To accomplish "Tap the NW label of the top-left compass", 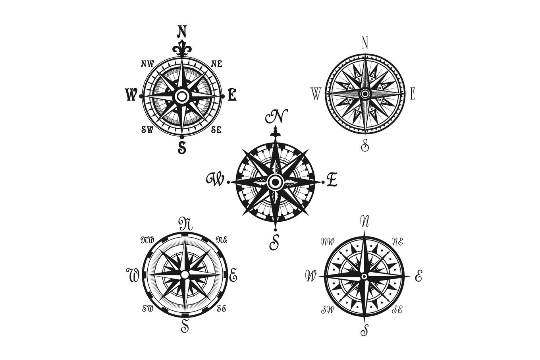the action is coord(147,64).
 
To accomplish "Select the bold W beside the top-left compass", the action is coord(131,95).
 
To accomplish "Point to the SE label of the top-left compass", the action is coord(216,130).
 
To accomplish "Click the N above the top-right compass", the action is coord(365,43).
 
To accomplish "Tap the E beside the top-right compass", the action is coord(413,94).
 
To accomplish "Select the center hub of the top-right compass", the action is coord(365,94).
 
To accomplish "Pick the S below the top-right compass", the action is coord(365,145).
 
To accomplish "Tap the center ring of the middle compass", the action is coord(275,182).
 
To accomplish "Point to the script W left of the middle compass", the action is coord(215,180).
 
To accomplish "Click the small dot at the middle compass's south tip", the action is coord(275,230).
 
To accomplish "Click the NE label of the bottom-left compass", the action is coord(222,240).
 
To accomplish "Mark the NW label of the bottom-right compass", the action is coord(328,241).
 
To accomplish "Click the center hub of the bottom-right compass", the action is coord(364,276).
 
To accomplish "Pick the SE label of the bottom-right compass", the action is coord(397,309).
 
